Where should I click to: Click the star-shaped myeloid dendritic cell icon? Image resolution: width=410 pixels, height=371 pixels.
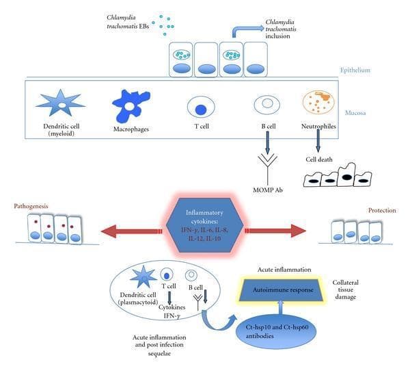click(61, 103)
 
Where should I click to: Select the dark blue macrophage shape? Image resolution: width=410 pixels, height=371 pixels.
click(131, 105)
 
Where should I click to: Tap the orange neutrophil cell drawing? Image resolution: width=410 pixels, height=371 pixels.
click(318, 102)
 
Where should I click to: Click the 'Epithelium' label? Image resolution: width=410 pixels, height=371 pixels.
click(355, 70)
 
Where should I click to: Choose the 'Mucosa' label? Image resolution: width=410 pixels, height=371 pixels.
click(355, 113)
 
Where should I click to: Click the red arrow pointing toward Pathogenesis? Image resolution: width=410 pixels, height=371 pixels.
click(131, 231)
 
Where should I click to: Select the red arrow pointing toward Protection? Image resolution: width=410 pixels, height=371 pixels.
click(275, 231)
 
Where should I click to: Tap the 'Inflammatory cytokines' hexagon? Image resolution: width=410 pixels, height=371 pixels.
click(205, 225)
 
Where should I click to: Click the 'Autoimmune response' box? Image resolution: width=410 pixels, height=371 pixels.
click(283, 290)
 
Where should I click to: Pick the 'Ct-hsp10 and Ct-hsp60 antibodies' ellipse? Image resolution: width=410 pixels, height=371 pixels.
click(276, 331)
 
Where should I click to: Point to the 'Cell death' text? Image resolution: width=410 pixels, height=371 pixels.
click(319, 159)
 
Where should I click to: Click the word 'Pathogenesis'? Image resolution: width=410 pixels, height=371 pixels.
click(31, 206)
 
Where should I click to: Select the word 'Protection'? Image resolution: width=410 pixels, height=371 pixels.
click(382, 210)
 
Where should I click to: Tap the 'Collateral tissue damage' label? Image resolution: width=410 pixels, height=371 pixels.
click(345, 290)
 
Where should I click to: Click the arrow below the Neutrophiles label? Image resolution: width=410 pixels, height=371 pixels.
click(318, 141)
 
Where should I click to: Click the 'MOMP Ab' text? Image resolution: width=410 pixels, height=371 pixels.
click(268, 190)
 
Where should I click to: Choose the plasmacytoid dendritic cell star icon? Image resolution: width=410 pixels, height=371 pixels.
click(143, 277)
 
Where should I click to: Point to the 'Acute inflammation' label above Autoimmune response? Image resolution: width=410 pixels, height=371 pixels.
click(284, 269)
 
